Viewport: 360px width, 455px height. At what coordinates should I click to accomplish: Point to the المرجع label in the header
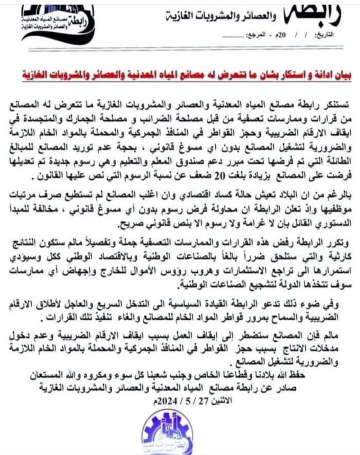coord(256,38)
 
